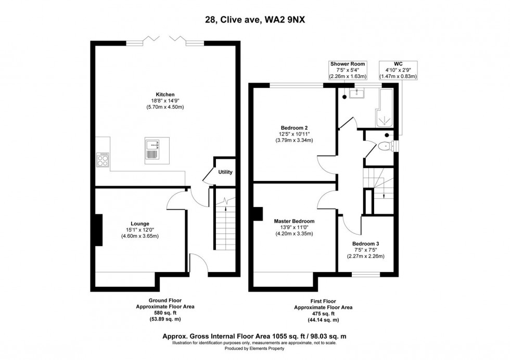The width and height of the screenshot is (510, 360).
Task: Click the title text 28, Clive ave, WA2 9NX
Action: point(255,21)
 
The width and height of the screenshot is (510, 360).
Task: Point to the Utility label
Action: point(225,172)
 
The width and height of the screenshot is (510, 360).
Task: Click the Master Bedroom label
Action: point(294,221)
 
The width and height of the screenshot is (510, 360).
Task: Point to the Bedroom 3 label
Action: point(363,243)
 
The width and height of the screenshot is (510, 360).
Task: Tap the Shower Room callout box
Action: point(348,70)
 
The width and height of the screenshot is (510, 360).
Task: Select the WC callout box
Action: point(400,70)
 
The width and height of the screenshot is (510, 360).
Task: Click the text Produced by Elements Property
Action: point(255,350)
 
